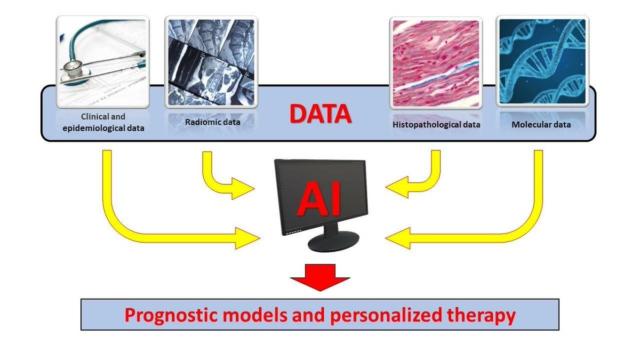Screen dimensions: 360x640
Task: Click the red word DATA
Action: pos(320,114)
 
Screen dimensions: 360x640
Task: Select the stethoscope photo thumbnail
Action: pos(102,61)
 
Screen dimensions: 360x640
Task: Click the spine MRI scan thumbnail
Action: pos(211,61)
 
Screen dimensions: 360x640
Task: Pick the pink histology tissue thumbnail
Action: pos(436,61)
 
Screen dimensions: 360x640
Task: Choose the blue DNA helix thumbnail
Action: pos(542,61)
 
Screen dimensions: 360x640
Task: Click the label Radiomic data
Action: pos(213,122)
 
